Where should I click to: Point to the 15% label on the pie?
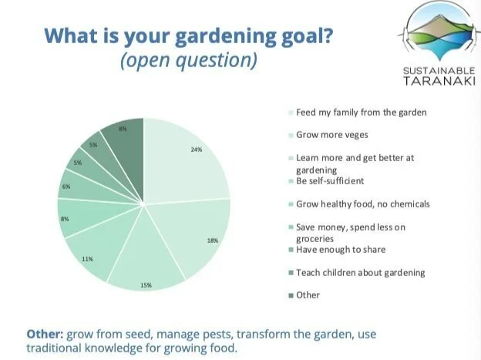tap(146, 285)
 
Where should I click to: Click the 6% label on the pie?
tap(66, 187)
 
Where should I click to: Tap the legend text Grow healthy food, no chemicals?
tap(363, 204)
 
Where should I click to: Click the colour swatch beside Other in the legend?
tap(291, 295)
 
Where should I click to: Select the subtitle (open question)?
tap(189, 60)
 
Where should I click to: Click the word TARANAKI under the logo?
tap(439, 81)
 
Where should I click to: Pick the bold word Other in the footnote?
tap(45, 334)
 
